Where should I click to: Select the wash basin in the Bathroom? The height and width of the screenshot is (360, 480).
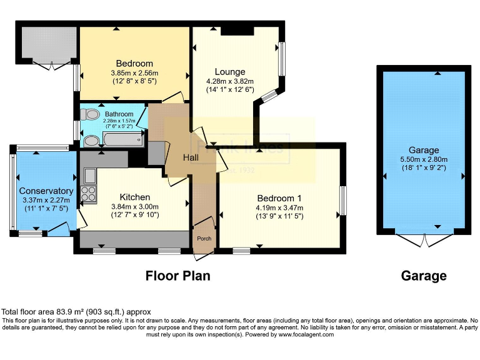click(x=91, y=141)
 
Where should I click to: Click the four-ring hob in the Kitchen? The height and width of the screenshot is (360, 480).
click(x=87, y=194)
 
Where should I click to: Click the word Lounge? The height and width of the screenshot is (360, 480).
click(x=230, y=72)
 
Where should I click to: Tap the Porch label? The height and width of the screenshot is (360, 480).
click(x=204, y=238)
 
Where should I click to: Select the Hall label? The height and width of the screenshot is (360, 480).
click(x=191, y=157)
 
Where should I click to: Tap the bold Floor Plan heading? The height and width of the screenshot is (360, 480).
click(x=178, y=276)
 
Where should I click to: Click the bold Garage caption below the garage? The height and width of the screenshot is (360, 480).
click(x=424, y=276)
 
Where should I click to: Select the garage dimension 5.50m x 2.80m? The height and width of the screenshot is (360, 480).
click(x=424, y=159)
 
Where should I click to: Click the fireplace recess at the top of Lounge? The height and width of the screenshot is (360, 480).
click(x=237, y=31)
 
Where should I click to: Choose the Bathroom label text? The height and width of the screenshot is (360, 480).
click(x=119, y=114)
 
